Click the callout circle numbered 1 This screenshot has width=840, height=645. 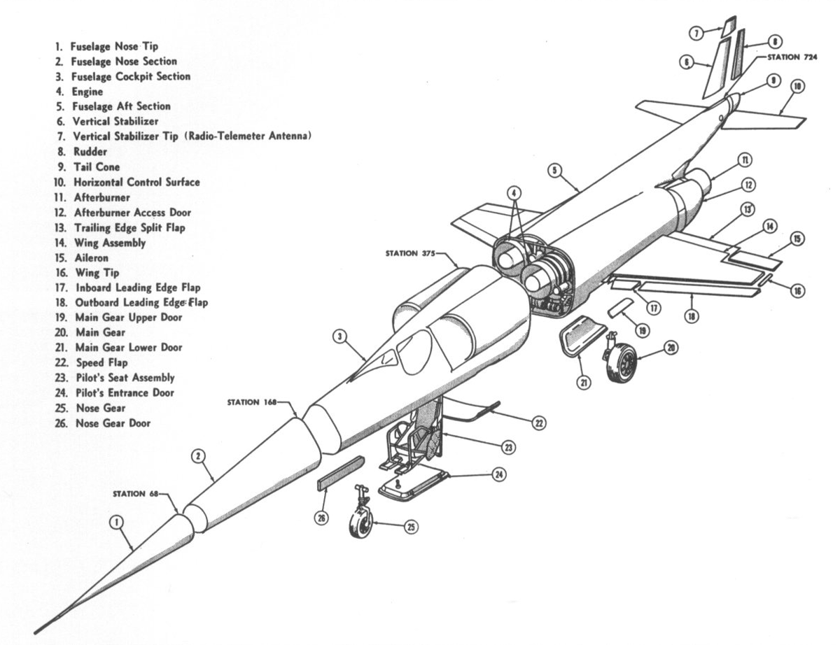pyautogui.click(x=117, y=522)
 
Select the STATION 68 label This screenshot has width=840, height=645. pyautogui.click(x=136, y=493)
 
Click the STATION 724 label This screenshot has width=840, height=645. pyautogui.click(x=797, y=57)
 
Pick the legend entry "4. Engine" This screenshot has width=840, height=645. pyautogui.click(x=80, y=92)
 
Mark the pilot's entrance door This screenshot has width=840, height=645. pyautogui.click(x=413, y=483)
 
